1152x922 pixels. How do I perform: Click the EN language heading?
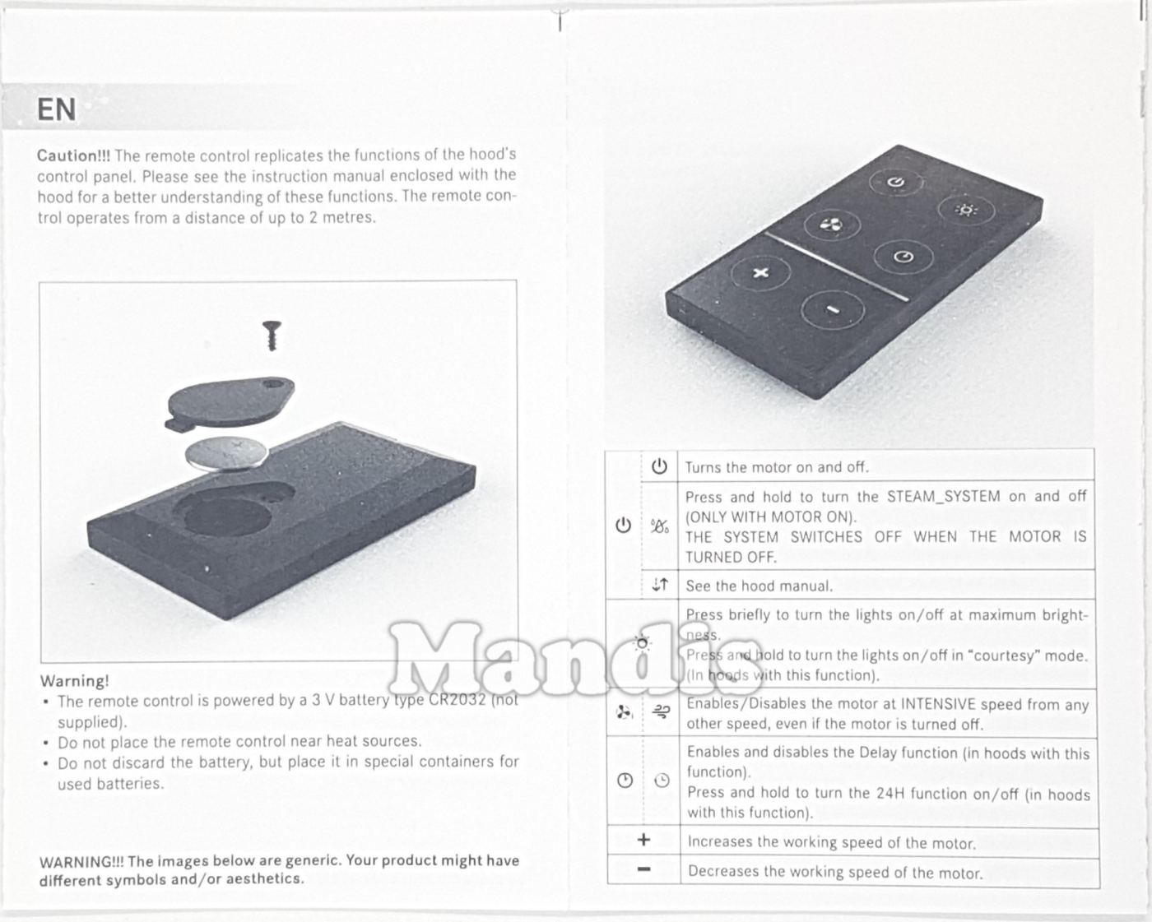[56, 109]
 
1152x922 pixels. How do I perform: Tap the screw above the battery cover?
[272, 336]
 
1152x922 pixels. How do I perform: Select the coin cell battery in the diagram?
[226, 454]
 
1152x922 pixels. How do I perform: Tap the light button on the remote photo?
[966, 210]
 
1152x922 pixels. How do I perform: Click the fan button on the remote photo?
[832, 225]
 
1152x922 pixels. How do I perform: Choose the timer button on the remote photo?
[903, 257]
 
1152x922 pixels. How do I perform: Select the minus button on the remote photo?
[833, 310]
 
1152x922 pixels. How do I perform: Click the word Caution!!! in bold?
[73, 155]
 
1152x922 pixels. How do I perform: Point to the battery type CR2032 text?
[458, 699]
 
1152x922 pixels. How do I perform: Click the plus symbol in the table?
[644, 840]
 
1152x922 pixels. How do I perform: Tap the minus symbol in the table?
[644, 869]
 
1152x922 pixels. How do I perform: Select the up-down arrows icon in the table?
[660, 584]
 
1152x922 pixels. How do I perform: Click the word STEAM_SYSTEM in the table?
[943, 497]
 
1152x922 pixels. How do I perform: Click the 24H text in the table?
[889, 793]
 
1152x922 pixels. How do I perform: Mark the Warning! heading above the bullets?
[74, 681]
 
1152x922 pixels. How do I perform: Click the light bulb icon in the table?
[642, 643]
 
